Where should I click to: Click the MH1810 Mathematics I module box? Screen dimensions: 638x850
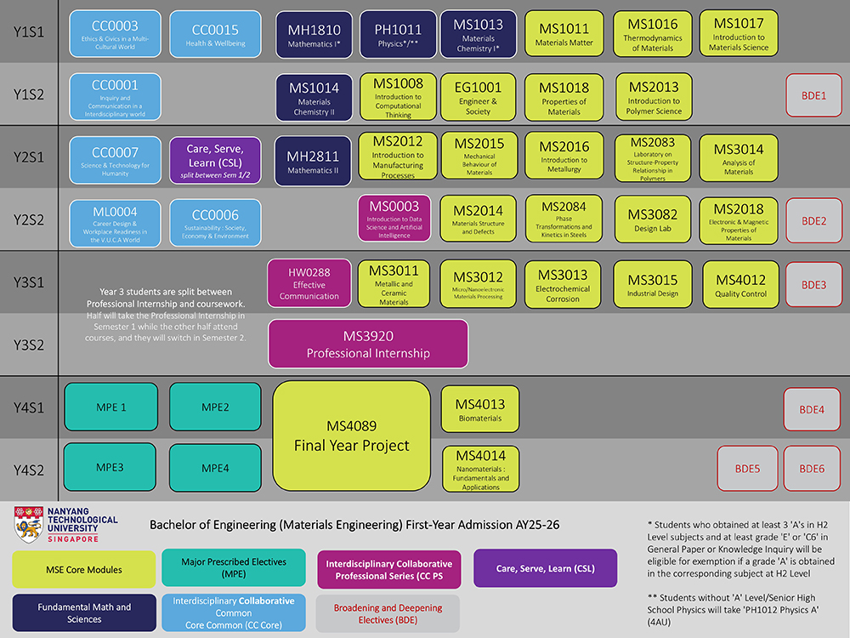314,34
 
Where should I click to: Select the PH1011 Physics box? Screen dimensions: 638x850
399,34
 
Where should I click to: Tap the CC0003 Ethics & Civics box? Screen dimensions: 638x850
115,34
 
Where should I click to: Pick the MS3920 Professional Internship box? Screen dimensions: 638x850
368,344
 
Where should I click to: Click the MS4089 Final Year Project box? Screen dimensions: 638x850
351,436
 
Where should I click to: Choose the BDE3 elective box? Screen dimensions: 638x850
813,284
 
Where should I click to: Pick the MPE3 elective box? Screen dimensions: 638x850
110,468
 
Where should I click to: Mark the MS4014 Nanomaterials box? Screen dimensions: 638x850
480,469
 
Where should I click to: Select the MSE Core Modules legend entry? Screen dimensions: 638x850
83,569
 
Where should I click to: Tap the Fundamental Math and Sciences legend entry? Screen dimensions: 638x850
83,612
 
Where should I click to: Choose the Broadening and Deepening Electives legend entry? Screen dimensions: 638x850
388,613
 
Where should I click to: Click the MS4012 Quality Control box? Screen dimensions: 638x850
740,284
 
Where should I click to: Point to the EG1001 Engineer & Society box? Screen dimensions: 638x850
478,97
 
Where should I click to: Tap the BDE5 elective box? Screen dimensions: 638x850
747,469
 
